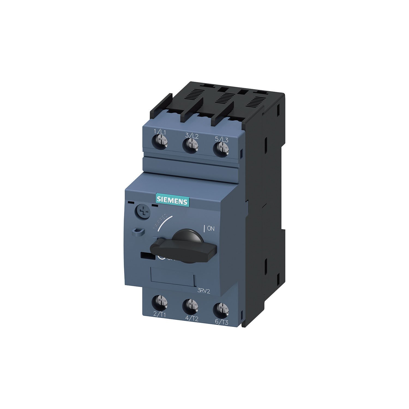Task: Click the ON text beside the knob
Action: pyautogui.click(x=211, y=229)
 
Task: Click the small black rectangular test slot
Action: pyautogui.click(x=146, y=256)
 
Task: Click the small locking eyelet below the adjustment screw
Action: pyautogui.click(x=138, y=232)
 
